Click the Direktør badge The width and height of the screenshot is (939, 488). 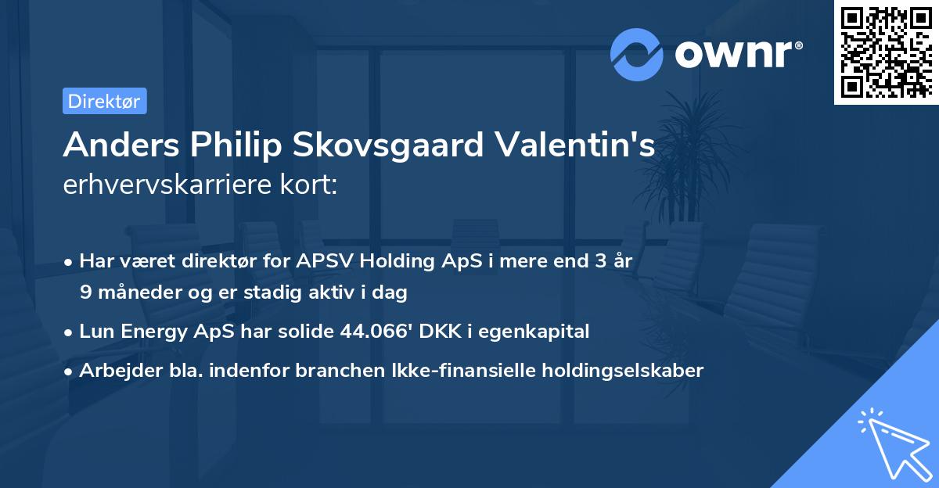[104, 101]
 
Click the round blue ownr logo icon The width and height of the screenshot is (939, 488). [636, 55]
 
